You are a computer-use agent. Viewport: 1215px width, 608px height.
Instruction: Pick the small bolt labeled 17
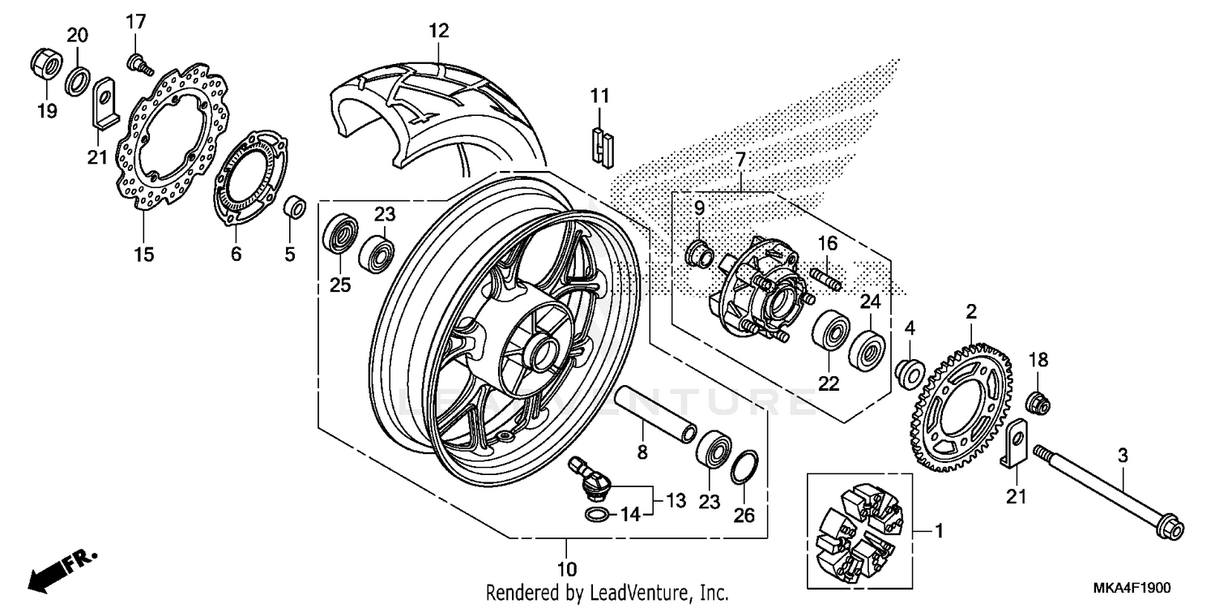[140, 64]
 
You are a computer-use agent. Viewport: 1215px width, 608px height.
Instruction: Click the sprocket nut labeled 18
[1038, 400]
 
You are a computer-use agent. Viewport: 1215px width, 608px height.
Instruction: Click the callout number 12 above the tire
[438, 32]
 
